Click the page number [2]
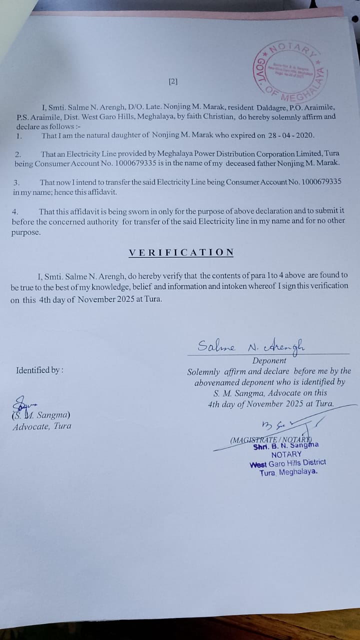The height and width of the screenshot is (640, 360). click(x=173, y=81)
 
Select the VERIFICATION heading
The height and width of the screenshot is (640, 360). click(x=181, y=252)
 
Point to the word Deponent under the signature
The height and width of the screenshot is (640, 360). click(x=269, y=360)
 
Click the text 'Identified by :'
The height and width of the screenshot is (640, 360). click(x=39, y=370)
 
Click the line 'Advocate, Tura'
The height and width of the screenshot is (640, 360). click(x=42, y=426)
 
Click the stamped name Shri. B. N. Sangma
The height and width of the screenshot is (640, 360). click(x=286, y=445)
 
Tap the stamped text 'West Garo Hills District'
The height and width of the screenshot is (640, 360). click(x=287, y=463)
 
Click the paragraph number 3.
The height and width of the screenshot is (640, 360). click(x=16, y=182)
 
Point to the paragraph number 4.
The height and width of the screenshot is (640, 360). click(x=15, y=212)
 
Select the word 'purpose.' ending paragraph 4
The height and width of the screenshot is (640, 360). click(x=26, y=232)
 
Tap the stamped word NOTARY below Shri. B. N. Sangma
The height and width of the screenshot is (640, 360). click(x=286, y=454)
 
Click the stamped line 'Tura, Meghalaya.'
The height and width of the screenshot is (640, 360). click(x=288, y=472)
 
